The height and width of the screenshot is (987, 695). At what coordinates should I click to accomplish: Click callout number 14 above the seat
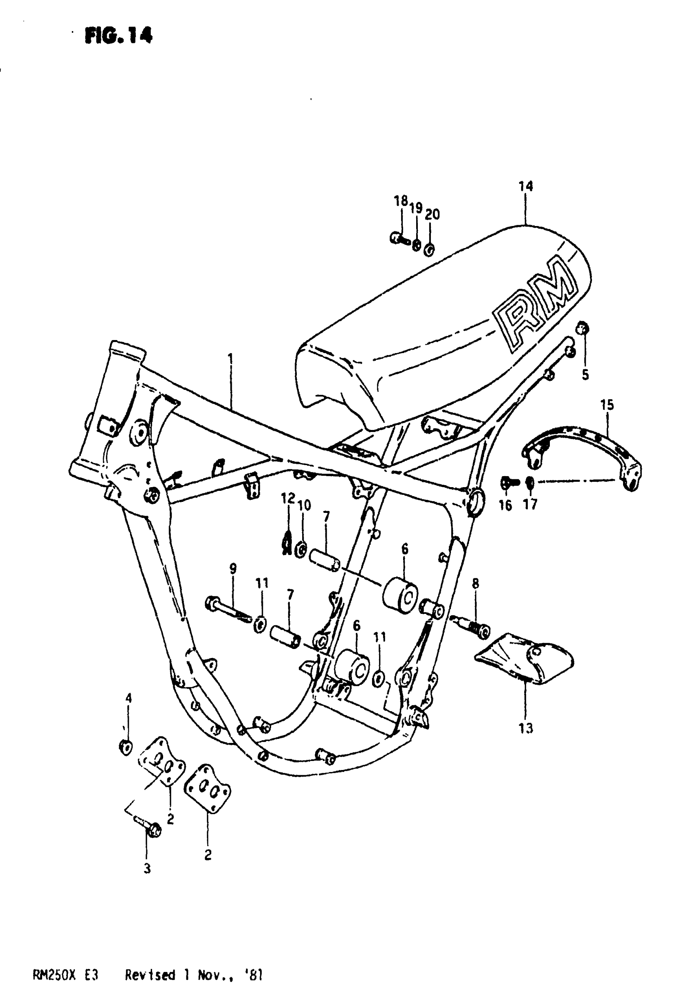click(x=526, y=186)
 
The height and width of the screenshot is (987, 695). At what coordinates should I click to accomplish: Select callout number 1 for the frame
click(x=231, y=358)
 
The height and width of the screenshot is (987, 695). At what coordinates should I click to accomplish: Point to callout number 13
click(x=526, y=729)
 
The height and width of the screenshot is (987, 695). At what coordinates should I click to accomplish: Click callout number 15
click(x=607, y=405)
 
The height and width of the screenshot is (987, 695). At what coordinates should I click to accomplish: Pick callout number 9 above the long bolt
click(x=233, y=569)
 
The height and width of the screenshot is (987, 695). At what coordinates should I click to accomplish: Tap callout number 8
click(x=475, y=583)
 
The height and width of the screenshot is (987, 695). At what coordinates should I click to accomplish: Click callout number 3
click(x=147, y=869)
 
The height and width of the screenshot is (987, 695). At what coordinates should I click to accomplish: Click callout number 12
click(x=288, y=499)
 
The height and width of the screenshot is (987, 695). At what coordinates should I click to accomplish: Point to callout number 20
click(x=432, y=214)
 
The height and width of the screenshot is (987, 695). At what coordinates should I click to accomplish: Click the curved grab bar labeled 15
click(x=581, y=456)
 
